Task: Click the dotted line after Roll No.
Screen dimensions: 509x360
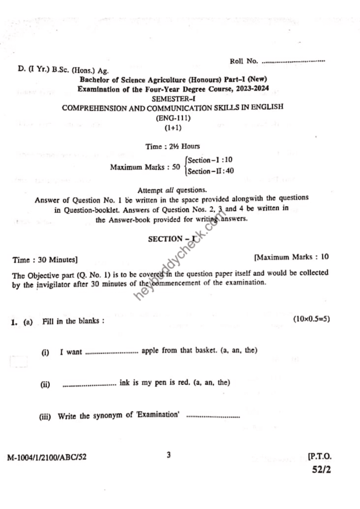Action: click(x=293, y=62)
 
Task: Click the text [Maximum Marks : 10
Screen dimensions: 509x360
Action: click(x=291, y=257)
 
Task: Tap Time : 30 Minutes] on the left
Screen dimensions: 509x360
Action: click(x=45, y=259)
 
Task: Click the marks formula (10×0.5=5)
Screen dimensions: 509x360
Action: click(x=311, y=318)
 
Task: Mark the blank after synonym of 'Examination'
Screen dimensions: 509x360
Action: click(x=212, y=417)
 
